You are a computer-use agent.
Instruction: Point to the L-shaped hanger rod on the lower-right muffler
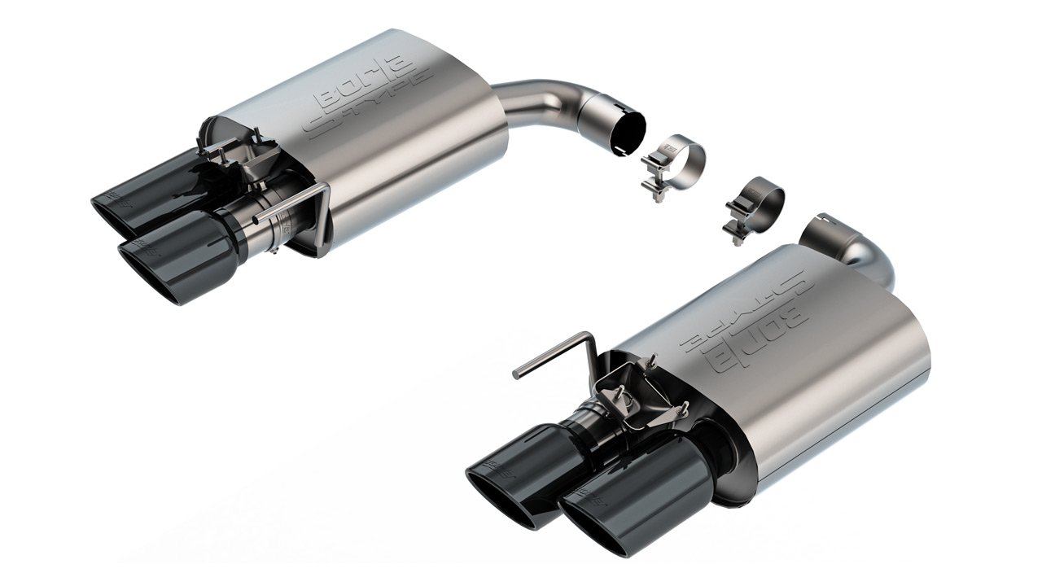(562, 350)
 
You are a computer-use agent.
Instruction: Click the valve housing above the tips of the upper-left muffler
(236, 155)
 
